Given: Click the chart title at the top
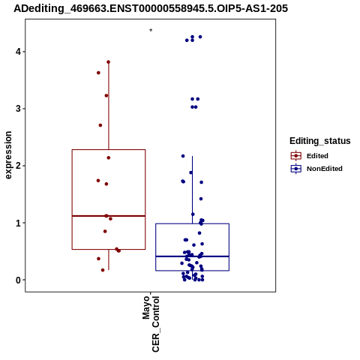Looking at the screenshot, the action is (x=151, y=8).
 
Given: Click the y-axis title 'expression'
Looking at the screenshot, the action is (x=8, y=155).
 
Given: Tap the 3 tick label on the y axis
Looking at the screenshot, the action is (x=18, y=109).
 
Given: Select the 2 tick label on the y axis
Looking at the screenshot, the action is (x=18, y=166).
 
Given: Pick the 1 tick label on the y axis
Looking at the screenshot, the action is (x=18, y=223).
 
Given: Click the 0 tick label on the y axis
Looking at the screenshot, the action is (x=18, y=280).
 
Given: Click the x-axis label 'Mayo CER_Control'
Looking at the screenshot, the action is (x=151, y=324).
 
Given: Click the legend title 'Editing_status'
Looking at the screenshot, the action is (x=320, y=141).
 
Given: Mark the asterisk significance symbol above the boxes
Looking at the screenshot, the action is (x=151, y=30).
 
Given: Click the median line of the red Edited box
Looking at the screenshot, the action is (x=109, y=216).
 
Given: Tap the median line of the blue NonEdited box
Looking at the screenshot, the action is (x=193, y=256).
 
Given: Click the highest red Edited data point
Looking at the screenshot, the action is (x=109, y=62).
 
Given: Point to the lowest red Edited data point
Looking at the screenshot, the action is (x=103, y=270).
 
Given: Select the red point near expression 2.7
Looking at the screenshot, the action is (x=100, y=125).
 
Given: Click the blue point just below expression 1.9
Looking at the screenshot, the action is (x=191, y=172).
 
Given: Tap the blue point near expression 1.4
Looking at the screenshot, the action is (x=201, y=199).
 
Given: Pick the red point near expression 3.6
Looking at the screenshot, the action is (x=98, y=73).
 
